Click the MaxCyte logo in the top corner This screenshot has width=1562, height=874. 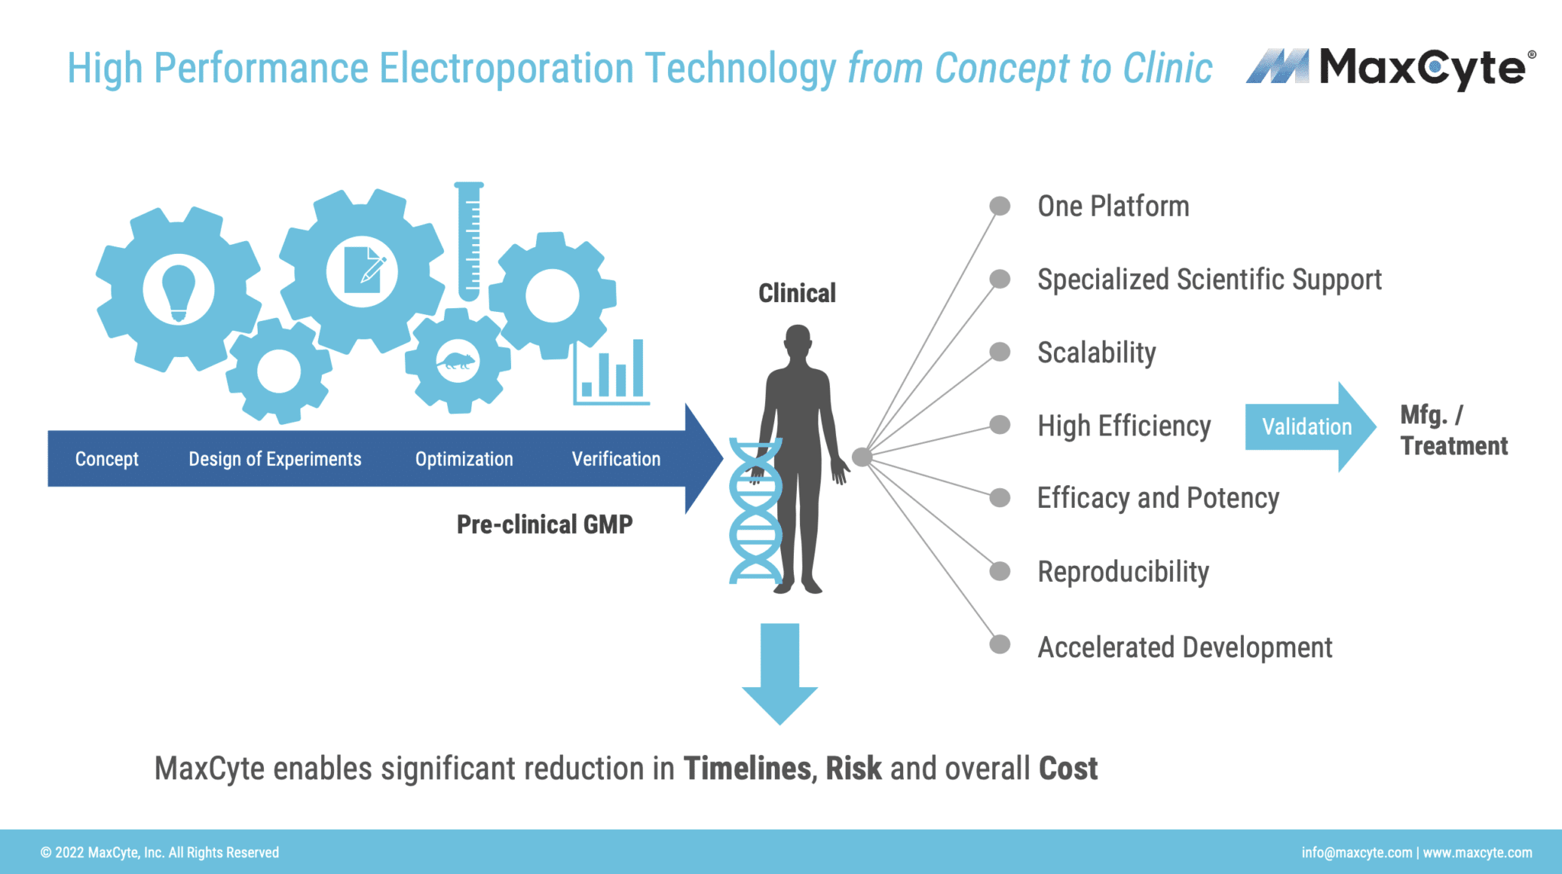[x=1390, y=68]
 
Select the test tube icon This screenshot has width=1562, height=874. [x=469, y=241]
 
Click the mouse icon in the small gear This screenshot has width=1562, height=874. [x=456, y=361]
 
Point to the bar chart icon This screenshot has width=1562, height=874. [x=611, y=372]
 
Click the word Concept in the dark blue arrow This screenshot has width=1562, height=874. [x=107, y=459]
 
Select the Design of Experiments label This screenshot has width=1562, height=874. [x=275, y=459]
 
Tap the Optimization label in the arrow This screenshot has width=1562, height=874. [x=464, y=459]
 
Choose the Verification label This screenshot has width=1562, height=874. [x=615, y=459]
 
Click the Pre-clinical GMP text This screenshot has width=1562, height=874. [x=545, y=525]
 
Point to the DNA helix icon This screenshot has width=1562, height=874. [x=755, y=511]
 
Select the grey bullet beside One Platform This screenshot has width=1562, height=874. [x=999, y=206]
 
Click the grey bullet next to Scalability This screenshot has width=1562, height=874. [x=999, y=352]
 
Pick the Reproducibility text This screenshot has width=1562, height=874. [x=1123, y=572]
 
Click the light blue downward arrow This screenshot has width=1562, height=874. [x=779, y=671]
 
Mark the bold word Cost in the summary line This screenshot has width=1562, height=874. [x=1068, y=769]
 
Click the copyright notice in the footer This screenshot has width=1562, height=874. [x=159, y=853]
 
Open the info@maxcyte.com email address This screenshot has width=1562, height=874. [x=1356, y=853]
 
